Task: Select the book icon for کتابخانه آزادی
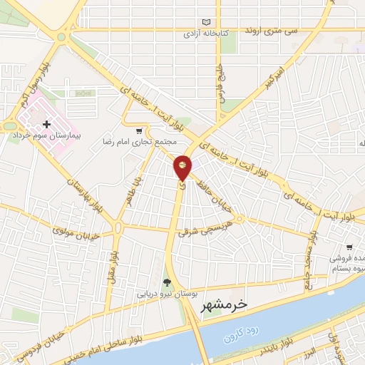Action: [207, 22]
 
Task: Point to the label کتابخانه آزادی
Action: [200, 34]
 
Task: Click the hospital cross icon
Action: [46, 124]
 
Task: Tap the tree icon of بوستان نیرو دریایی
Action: [168, 282]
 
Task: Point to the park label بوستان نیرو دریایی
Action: [164, 293]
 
